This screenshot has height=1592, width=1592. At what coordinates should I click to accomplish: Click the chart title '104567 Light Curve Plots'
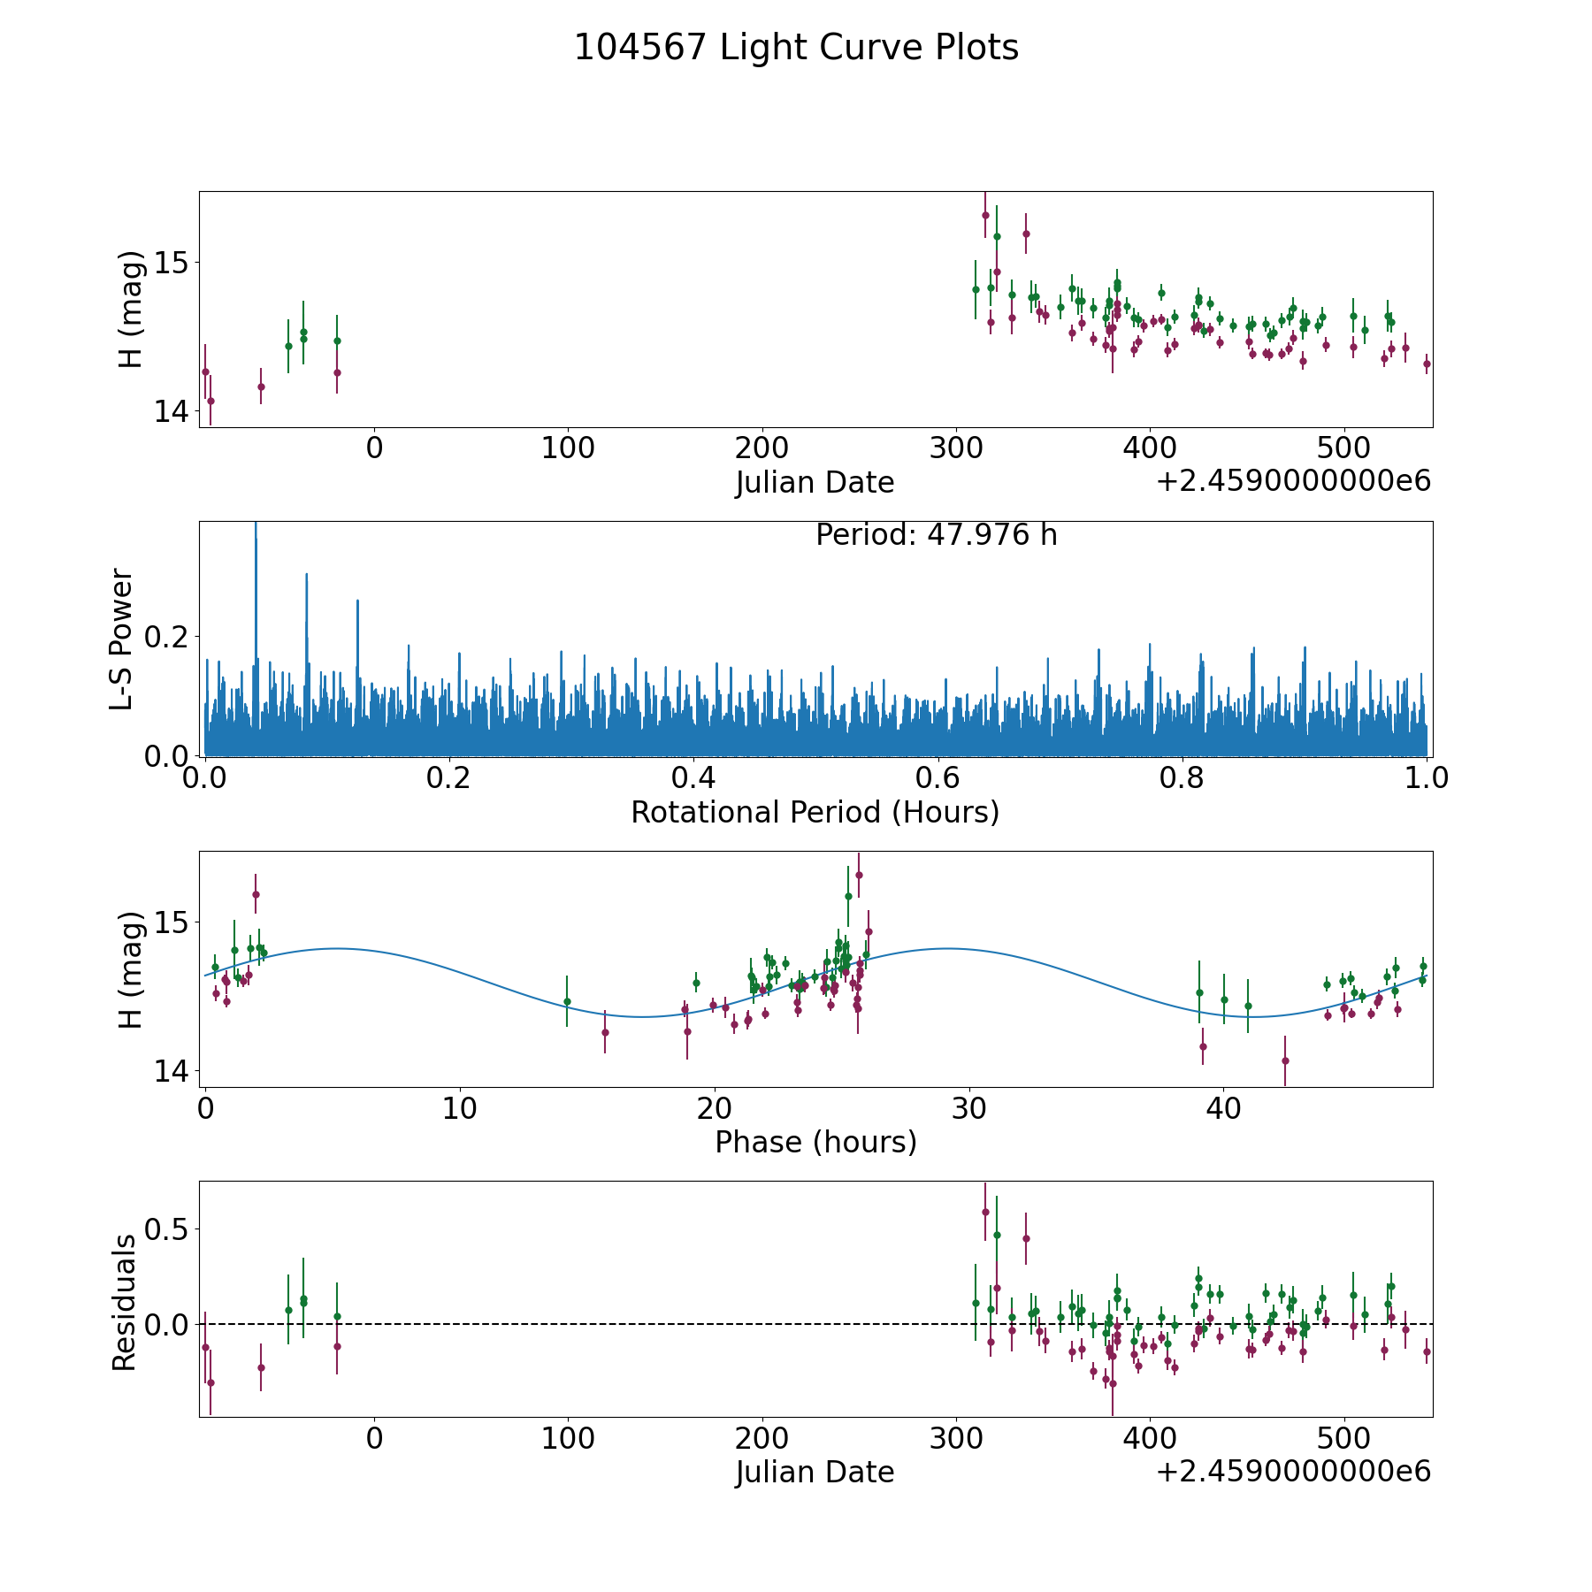point(796,48)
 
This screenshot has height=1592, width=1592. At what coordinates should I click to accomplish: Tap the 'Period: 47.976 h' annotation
point(936,535)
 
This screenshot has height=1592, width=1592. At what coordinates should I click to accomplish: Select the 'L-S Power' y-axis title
point(122,639)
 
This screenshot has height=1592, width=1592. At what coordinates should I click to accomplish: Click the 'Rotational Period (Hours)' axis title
point(815,812)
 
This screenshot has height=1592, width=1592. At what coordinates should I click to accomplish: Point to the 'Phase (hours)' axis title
point(815,1142)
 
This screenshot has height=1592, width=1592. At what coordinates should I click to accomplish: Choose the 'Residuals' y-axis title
point(124,1302)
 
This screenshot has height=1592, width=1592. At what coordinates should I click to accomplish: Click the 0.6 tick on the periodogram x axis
point(938,778)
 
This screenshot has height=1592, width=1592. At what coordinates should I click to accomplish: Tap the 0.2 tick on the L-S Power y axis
point(172,636)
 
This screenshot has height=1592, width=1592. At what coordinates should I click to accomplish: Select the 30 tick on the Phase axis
point(968,1108)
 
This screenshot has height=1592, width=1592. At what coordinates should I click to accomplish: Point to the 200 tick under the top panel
point(762,448)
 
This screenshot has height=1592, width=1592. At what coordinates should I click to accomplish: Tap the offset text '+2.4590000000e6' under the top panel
point(1293,481)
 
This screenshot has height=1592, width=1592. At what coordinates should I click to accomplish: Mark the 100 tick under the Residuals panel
point(568,1439)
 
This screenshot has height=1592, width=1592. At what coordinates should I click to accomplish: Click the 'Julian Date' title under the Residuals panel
point(815,1473)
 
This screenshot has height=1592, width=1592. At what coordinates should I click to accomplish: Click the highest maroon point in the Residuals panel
point(985,1212)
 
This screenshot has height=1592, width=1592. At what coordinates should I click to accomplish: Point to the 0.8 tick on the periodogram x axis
point(1183,778)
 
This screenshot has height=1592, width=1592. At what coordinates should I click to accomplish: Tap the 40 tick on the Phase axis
point(1223,1108)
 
